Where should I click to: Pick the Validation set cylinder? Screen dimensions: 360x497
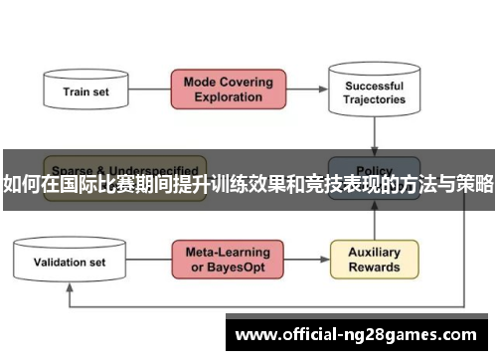70,262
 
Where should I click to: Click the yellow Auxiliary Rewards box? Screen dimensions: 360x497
374,260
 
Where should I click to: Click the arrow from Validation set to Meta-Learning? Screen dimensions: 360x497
149,261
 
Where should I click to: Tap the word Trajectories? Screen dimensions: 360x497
375,99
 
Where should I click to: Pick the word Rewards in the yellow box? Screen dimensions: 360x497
374,268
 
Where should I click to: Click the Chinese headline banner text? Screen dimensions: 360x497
248,183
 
